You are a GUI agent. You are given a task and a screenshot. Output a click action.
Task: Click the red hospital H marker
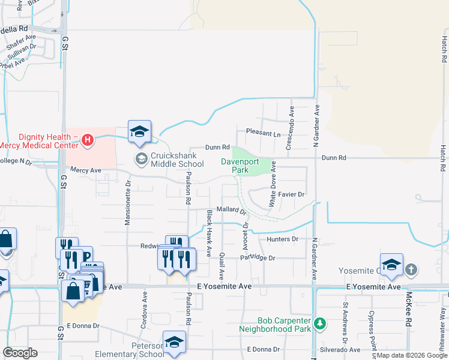[88, 140]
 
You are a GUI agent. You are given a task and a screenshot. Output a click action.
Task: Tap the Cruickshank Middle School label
[177, 159]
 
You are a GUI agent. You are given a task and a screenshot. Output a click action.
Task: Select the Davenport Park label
[243, 166]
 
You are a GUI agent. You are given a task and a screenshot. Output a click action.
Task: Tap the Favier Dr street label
[292, 194]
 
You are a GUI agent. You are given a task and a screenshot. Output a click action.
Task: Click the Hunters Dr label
[283, 239]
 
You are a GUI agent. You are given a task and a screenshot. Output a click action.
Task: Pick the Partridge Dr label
[257, 258]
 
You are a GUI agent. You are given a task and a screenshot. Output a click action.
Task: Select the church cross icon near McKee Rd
[411, 269]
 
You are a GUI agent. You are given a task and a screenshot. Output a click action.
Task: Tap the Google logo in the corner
[20, 352]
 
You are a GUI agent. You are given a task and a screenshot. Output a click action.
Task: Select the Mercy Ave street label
[86, 170]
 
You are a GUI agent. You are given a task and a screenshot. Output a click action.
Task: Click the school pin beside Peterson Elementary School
[175, 342]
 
